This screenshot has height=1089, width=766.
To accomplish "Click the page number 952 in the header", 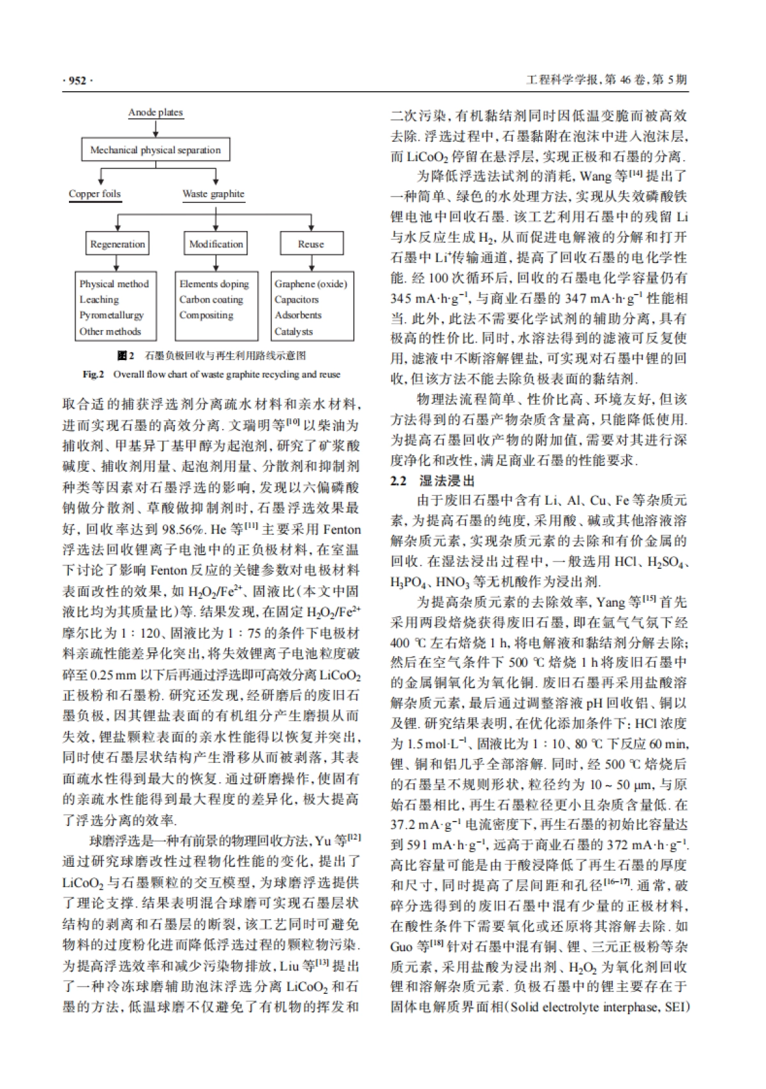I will pos(77,80).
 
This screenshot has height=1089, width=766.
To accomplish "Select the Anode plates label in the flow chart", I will pos(155,112).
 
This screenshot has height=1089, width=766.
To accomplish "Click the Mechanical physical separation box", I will pos(155,150).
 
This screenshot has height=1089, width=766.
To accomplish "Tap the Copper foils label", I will pos(94,194).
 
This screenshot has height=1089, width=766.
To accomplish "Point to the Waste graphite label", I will pos(213,194).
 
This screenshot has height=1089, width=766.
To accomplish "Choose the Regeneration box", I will pos(117,244).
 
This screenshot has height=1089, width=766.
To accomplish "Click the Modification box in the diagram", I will pos(216,244).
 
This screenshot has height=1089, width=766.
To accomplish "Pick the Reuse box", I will pos(311,244).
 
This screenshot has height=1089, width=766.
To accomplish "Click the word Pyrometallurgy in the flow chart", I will pos(112,315).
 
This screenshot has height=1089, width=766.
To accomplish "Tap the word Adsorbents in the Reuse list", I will pos(297,315).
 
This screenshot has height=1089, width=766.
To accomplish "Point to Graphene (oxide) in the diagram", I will pos(310,284).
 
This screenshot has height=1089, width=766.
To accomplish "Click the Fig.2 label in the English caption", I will pos(93,375).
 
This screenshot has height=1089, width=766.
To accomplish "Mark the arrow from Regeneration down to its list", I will pos(117,263).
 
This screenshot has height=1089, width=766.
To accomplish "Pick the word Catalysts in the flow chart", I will pos(294,331).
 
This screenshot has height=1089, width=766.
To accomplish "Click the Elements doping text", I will pos(214,284).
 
